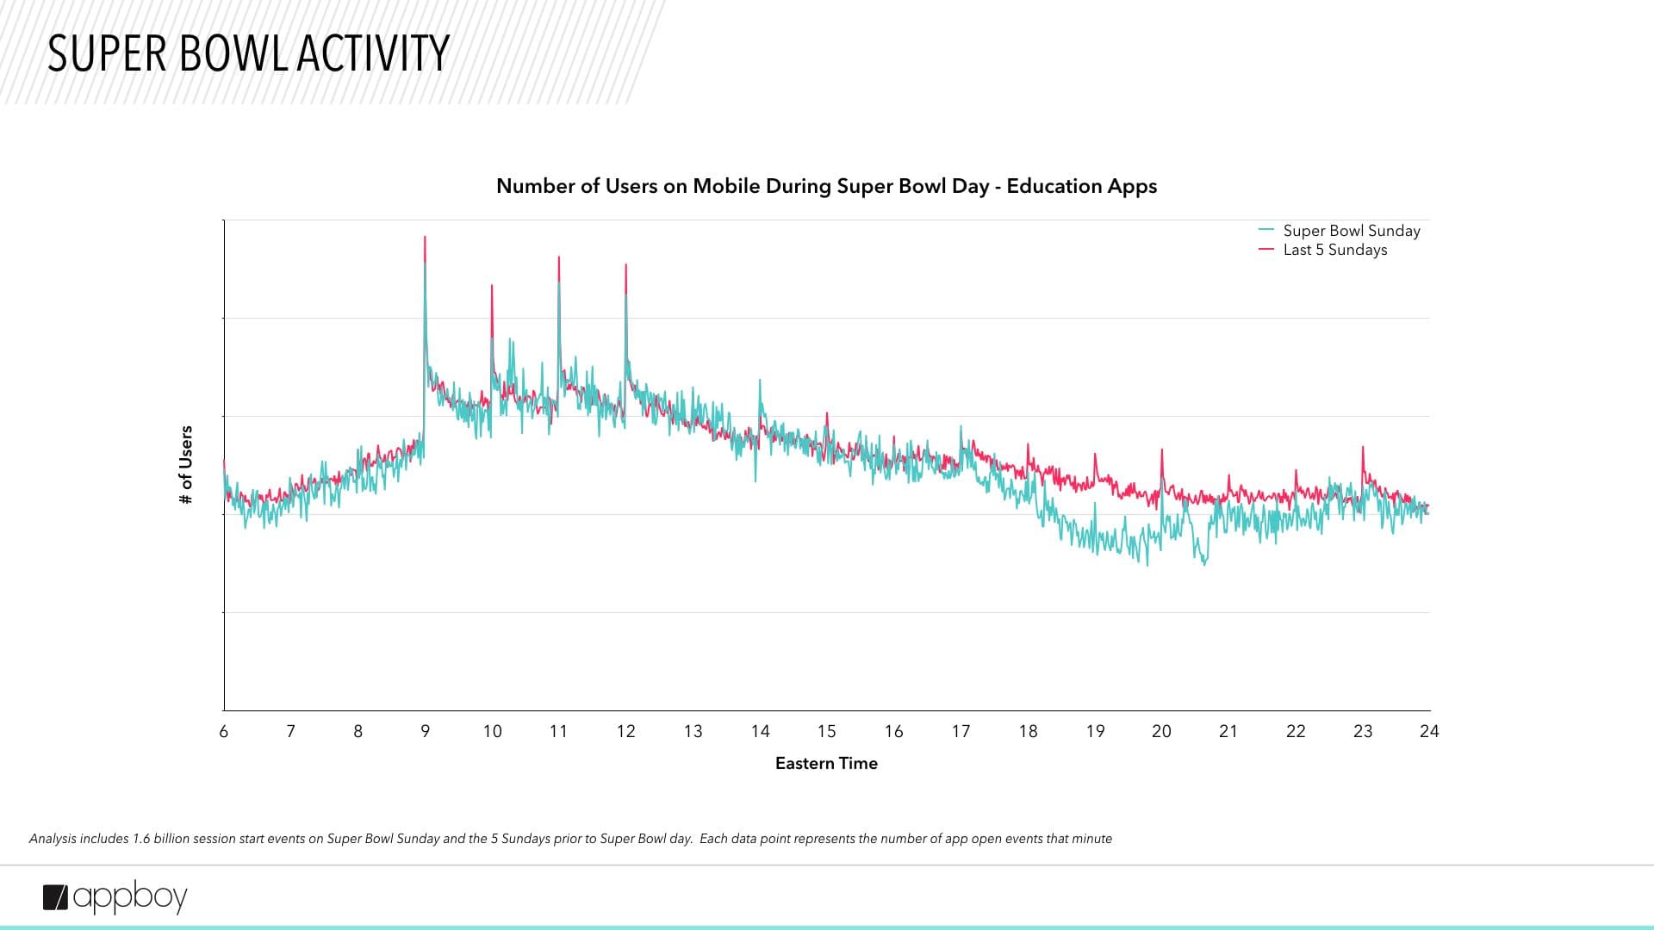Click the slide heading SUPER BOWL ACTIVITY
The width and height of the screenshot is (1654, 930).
(x=248, y=53)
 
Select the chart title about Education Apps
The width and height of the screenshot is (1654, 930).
(x=826, y=186)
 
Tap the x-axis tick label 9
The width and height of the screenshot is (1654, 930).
(x=425, y=731)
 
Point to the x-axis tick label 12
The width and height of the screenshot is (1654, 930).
(x=625, y=731)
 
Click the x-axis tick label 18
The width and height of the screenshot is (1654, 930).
(x=1028, y=731)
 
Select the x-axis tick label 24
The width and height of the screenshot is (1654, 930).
(x=1429, y=731)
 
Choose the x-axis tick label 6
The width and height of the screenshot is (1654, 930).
(x=224, y=731)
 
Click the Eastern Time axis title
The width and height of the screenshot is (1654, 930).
(x=826, y=763)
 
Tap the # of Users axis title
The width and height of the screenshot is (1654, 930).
(x=185, y=465)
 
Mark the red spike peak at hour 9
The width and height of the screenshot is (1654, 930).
(x=425, y=238)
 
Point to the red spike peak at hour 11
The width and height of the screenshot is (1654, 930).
(x=559, y=257)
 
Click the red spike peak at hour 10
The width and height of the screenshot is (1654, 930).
(x=492, y=286)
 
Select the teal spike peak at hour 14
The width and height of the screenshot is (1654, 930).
(x=760, y=380)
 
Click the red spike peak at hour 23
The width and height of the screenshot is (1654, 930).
(x=1363, y=447)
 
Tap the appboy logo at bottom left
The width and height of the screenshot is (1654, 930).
(x=115, y=897)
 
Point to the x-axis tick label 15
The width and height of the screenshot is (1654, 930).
(x=826, y=731)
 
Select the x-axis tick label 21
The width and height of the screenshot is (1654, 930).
(x=1228, y=731)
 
